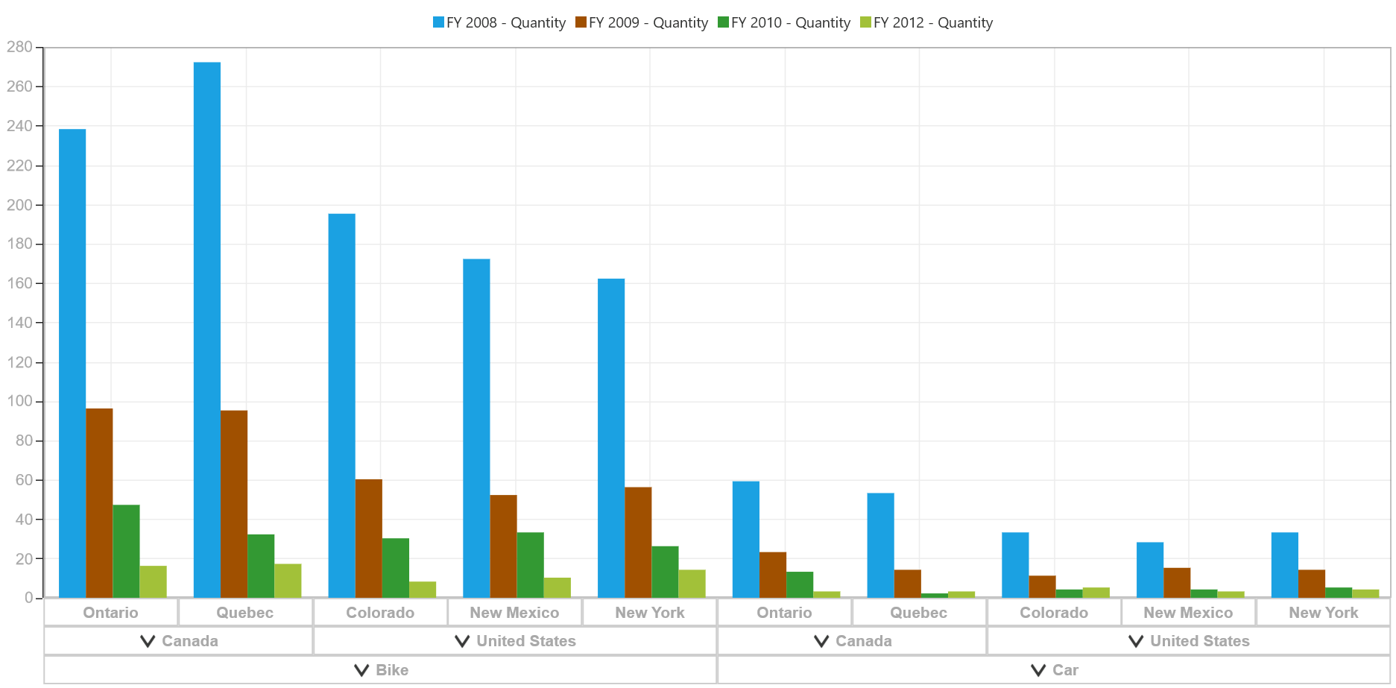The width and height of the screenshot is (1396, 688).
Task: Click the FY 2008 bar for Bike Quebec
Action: pyautogui.click(x=207, y=329)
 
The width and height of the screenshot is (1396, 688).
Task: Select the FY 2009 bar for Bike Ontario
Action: pyautogui.click(x=100, y=503)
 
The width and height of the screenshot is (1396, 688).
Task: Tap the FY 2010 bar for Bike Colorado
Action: pyautogui.click(x=396, y=568)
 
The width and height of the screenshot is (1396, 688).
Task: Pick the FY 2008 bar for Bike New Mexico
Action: pyautogui.click(x=476, y=429)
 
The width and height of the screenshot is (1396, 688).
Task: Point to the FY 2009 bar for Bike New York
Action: pyautogui.click(x=638, y=543)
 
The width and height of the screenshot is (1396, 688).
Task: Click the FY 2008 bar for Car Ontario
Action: pyautogui.click(x=746, y=540)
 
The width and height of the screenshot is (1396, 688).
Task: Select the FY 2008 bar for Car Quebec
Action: pyautogui.click(x=881, y=546)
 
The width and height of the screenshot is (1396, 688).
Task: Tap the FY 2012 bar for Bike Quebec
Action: pyautogui.click(x=288, y=581)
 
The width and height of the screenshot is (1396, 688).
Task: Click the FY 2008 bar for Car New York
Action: pyautogui.click(x=1285, y=565)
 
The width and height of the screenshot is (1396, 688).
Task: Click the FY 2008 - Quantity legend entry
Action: pyautogui.click(x=499, y=22)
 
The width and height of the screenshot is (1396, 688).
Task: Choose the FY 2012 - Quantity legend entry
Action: pyautogui.click(x=926, y=22)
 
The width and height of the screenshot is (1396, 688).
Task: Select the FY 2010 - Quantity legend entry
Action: pyautogui.click(x=784, y=22)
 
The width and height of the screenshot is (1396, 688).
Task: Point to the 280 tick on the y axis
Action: pyautogui.click(x=19, y=47)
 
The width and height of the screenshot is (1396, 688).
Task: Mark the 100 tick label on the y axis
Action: pyautogui.click(x=19, y=401)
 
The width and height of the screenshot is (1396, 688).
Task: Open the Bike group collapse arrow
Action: pyautogui.click(x=362, y=670)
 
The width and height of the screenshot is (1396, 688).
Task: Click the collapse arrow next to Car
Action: pyautogui.click(x=1038, y=670)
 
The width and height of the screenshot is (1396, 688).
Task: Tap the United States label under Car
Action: pyautogui.click(x=1200, y=641)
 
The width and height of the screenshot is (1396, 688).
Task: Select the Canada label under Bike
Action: pyautogui.click(x=190, y=641)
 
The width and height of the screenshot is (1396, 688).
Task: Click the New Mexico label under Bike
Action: pyautogui.click(x=514, y=613)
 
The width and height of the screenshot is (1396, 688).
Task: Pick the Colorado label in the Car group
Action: pyautogui.click(x=1054, y=613)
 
